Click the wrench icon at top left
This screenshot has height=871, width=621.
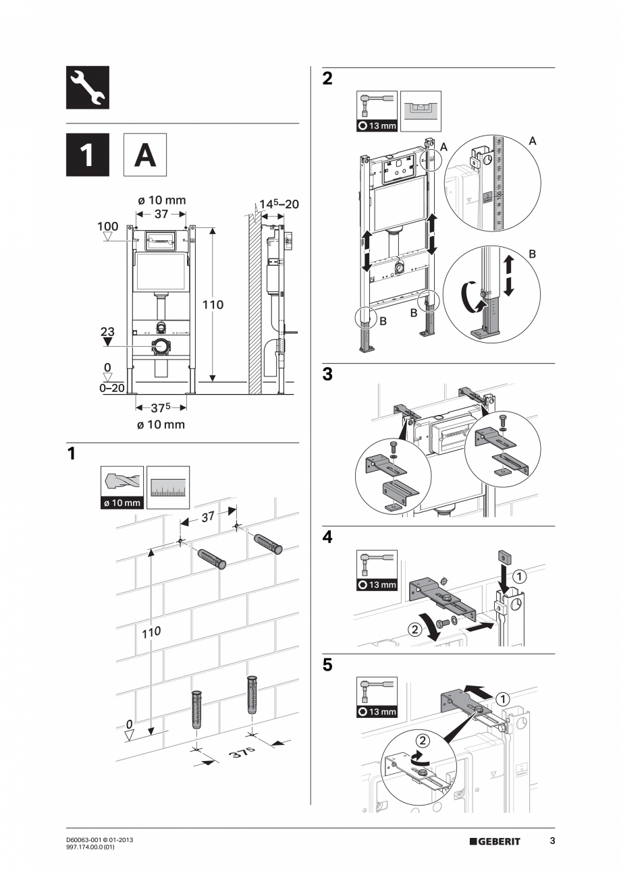(87, 88)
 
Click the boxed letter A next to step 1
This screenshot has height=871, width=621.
(144, 155)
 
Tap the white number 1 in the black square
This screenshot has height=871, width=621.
(87, 155)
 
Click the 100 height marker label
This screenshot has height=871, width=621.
(107, 226)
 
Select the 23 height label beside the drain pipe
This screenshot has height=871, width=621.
(107, 331)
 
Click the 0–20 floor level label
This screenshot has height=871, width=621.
(111, 388)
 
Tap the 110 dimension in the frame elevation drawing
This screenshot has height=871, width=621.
(213, 304)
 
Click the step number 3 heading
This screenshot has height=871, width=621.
(327, 375)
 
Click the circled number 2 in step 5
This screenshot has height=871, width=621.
(421, 740)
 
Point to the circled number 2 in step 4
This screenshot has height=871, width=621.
(414, 628)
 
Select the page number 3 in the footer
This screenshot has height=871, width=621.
(552, 841)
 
